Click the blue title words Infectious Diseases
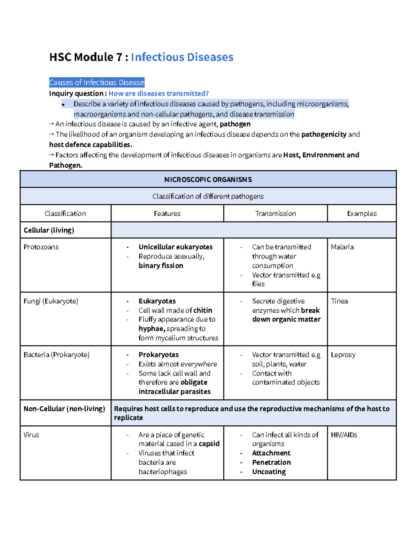[x=182, y=57]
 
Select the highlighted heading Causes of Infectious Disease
[x=96, y=83]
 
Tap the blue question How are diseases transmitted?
[x=158, y=93]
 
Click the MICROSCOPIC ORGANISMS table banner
[x=208, y=179]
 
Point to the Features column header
[x=167, y=214]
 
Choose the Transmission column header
[x=275, y=214]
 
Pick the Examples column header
[x=362, y=214]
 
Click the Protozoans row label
[x=41, y=247]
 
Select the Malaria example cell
[x=342, y=247]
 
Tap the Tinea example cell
[x=339, y=301]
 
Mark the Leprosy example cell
[x=343, y=355]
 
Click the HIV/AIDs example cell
[x=344, y=435]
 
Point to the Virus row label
[x=31, y=435]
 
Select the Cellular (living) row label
[x=49, y=230]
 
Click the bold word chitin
[x=203, y=310]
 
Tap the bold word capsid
[x=209, y=444]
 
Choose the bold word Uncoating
[x=269, y=472]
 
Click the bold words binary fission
[x=161, y=266]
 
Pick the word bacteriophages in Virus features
[x=163, y=472]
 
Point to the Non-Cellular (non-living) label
[x=64, y=409]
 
